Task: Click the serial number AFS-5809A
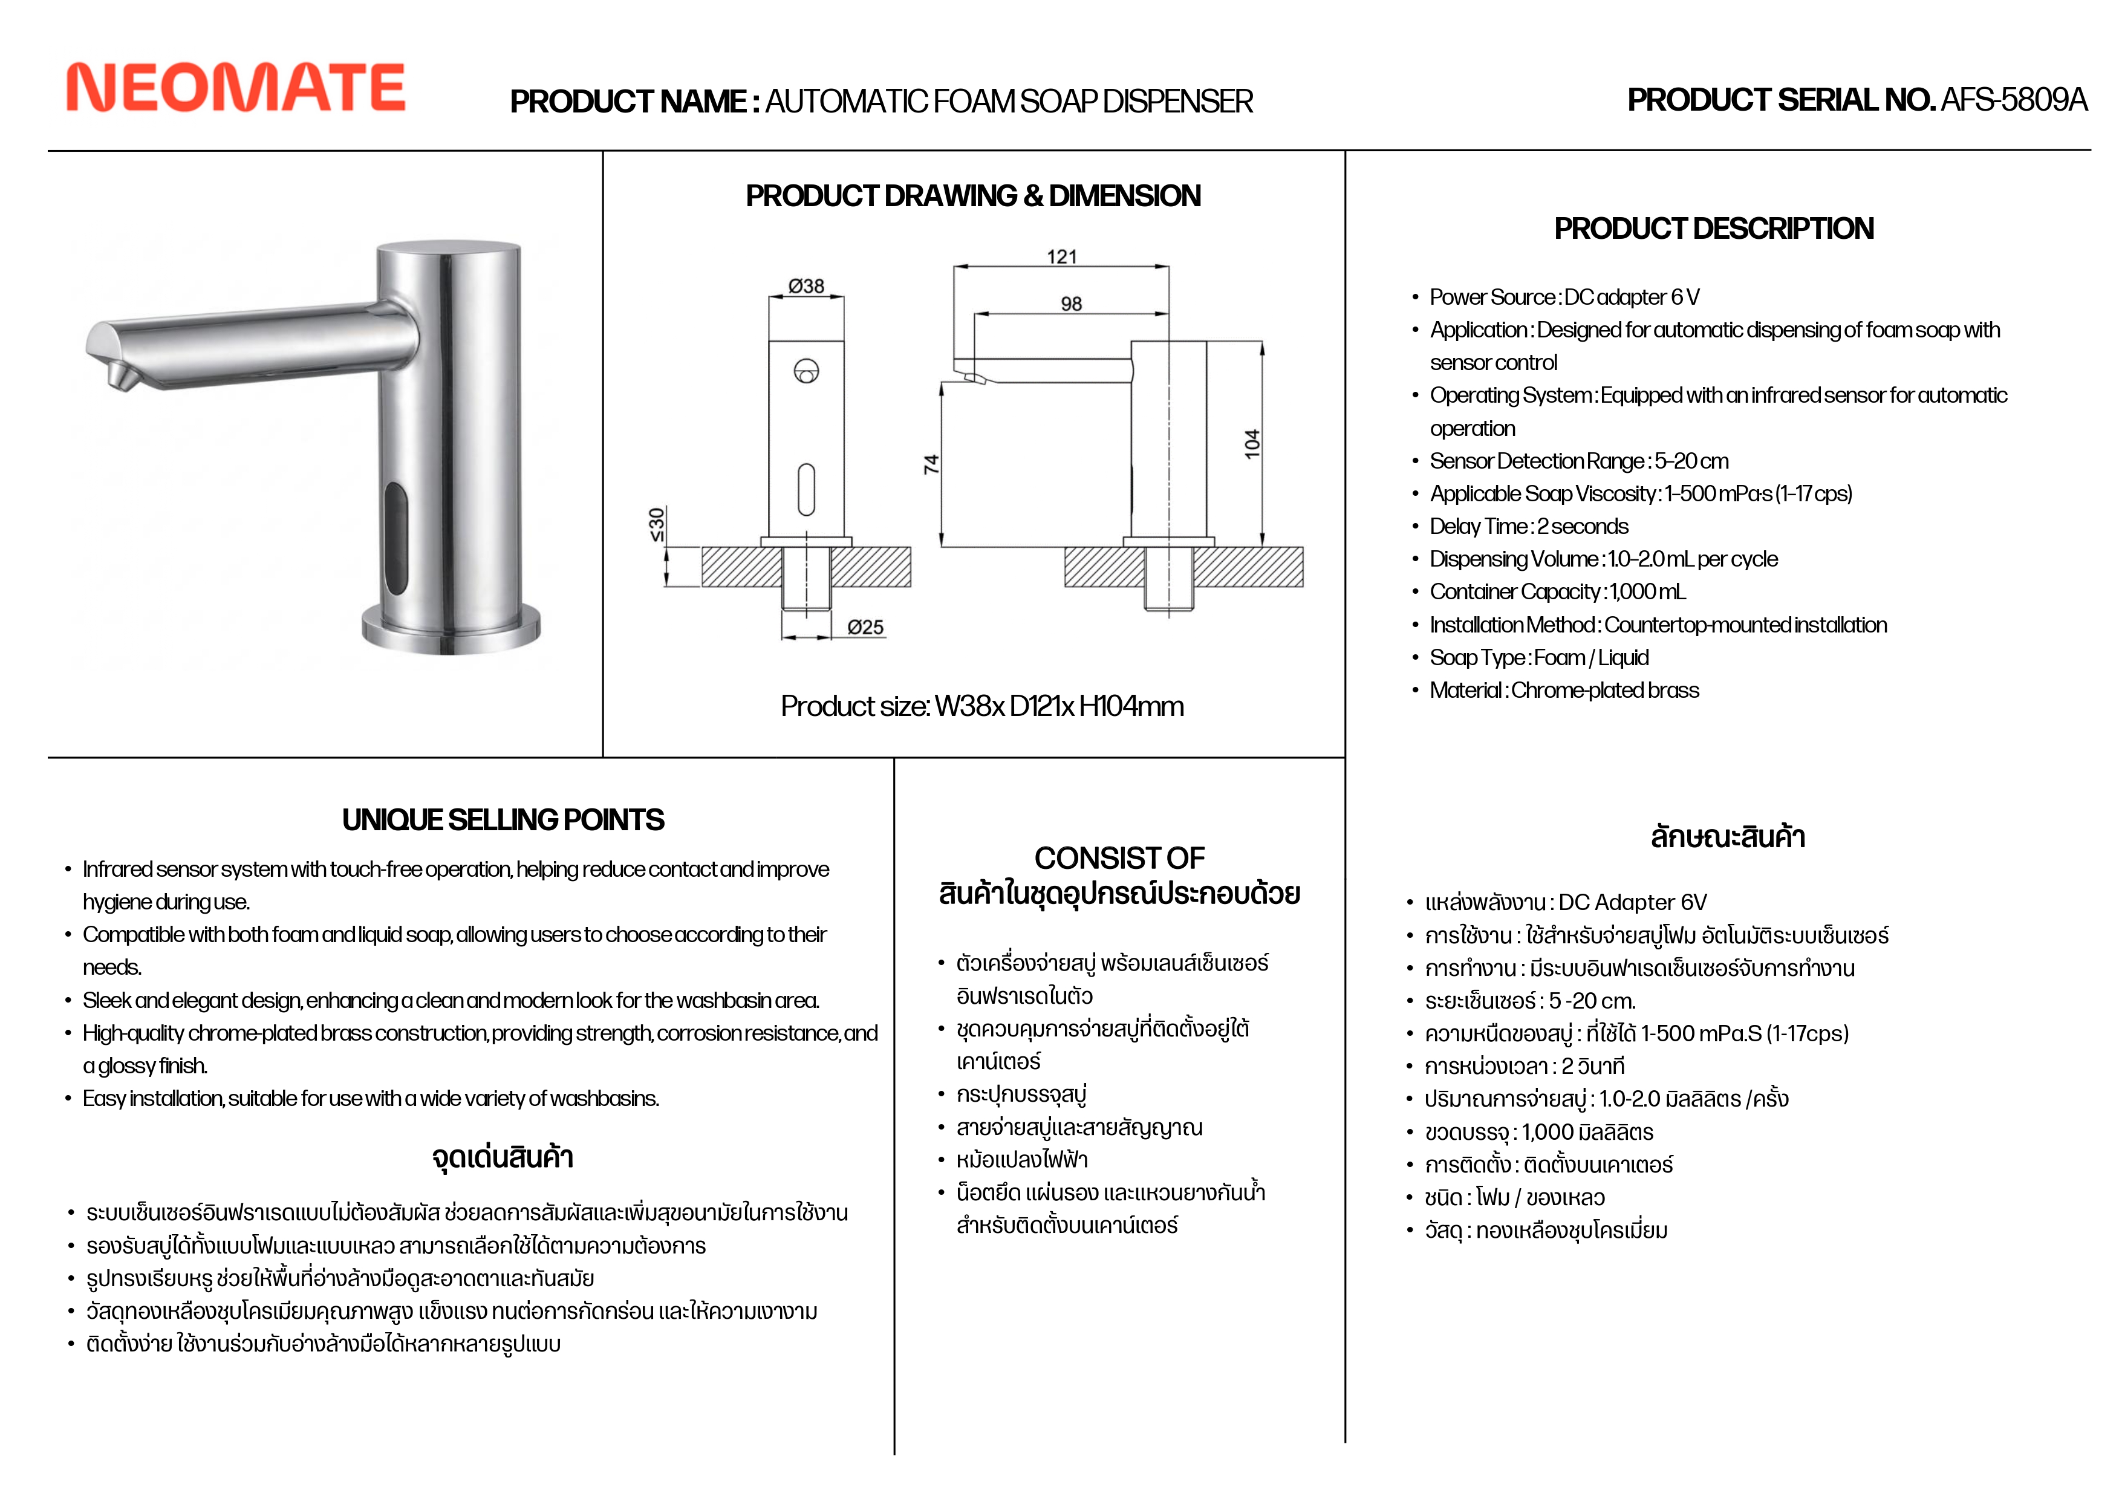pos(2013,100)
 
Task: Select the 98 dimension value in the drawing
pos(1071,303)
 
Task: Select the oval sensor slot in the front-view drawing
pos(806,489)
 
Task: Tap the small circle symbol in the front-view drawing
pos(806,371)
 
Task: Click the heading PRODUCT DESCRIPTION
pos(1713,229)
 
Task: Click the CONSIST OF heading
pos(1119,857)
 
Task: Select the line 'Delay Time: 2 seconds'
pos(1529,526)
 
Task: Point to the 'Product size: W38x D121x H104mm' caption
pos(981,706)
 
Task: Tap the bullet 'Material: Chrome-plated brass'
pos(1564,691)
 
